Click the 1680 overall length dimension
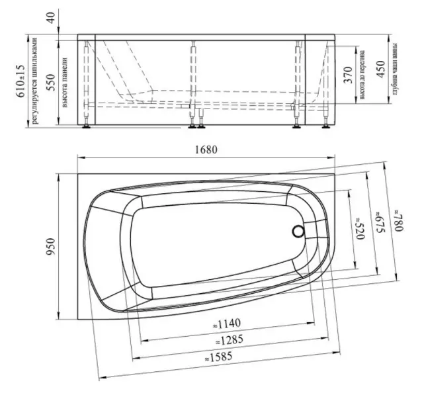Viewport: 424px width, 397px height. pos(206,150)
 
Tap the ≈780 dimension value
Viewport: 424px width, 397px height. pos(398,219)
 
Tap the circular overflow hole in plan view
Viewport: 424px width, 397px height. pos(298,232)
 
